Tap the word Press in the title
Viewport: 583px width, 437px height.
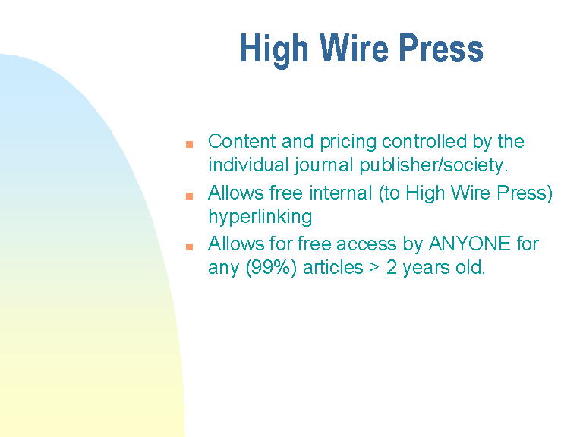point(441,48)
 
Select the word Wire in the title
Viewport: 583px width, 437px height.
point(354,48)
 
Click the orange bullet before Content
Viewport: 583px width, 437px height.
point(189,144)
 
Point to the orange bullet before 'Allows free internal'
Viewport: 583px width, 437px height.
point(189,196)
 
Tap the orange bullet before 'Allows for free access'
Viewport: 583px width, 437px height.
point(189,247)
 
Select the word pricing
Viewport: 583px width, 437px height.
point(348,143)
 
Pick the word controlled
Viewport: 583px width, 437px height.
point(424,141)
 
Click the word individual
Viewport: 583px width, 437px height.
point(248,165)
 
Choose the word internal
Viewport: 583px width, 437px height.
point(341,193)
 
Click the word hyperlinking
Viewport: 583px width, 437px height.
point(260,218)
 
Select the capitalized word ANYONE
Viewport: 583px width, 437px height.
point(470,244)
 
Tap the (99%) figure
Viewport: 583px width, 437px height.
point(272,268)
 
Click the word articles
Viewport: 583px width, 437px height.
point(332,267)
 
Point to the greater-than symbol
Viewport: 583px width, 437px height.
point(374,268)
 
